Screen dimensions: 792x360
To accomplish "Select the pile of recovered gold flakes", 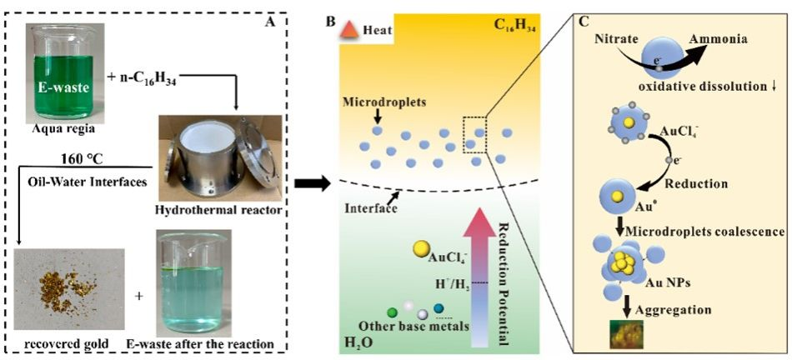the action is pyautogui.click(x=63, y=290).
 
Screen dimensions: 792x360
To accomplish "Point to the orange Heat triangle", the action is pyautogui.click(x=353, y=30).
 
